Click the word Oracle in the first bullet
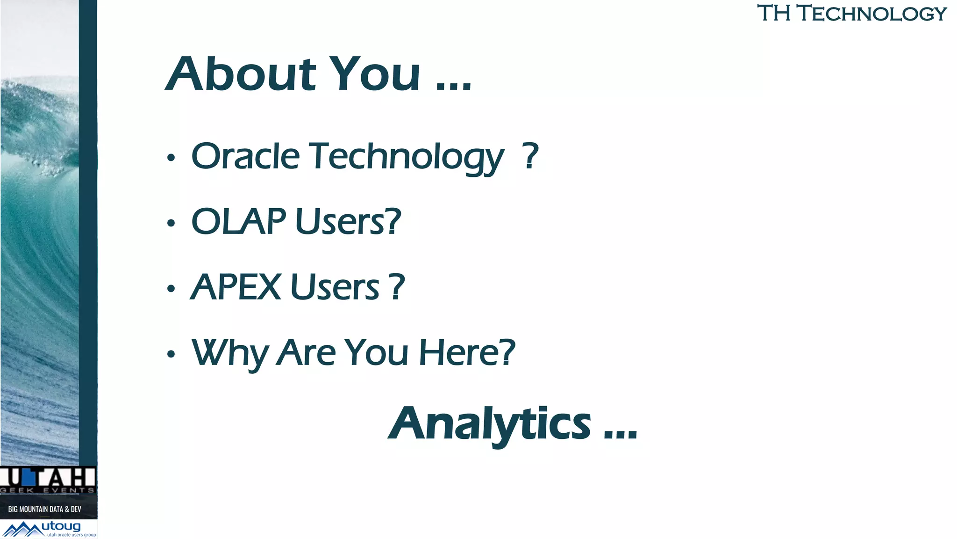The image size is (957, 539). coord(245,156)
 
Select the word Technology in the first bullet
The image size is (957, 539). coord(407,157)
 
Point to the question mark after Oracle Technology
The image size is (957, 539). coord(530,156)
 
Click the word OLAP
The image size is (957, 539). coord(238,221)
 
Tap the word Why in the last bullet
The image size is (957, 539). coord(229,353)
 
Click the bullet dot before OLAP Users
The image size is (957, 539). coord(171,223)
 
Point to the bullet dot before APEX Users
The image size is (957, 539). coord(171,289)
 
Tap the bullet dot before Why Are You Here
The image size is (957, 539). coord(171,354)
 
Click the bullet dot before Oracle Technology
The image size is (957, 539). coord(171,158)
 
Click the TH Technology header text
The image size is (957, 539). coord(851,13)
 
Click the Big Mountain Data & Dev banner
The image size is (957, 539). coord(45,509)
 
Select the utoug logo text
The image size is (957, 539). coord(61,526)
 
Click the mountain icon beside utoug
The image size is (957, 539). coord(22,530)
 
